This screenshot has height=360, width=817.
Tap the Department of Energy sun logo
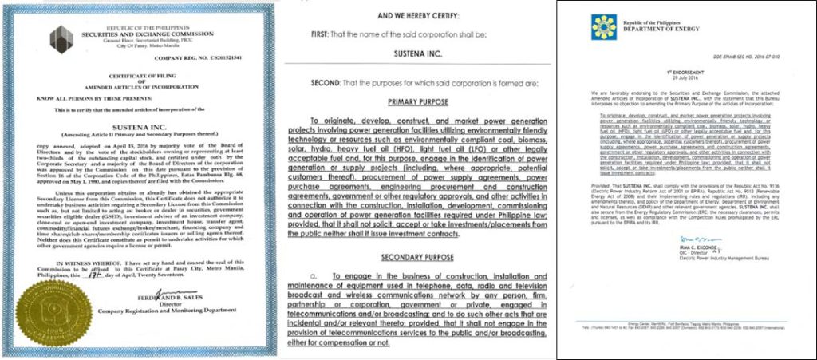[604, 29]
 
